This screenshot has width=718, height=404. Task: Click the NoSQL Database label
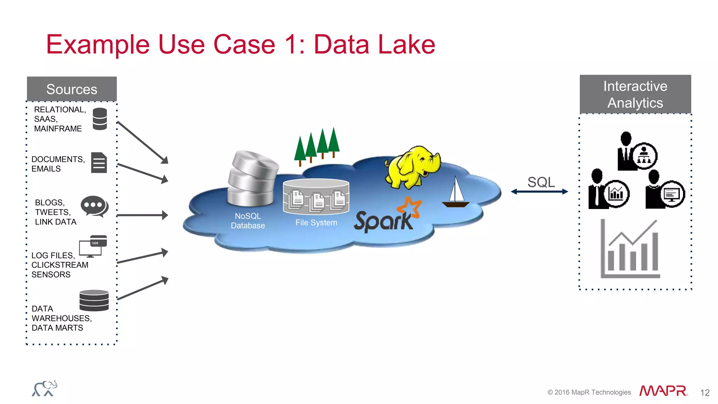pyautogui.click(x=248, y=221)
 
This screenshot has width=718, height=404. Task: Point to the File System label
pyautogui.click(x=316, y=223)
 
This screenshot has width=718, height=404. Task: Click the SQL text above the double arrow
pyautogui.click(x=541, y=182)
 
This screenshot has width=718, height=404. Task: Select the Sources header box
pyautogui.click(x=72, y=89)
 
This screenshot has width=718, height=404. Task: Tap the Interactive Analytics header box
pyautogui.click(x=635, y=94)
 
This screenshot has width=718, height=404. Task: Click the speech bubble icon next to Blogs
pyautogui.click(x=94, y=207)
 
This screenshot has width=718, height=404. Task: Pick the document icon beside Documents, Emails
pyautogui.click(x=99, y=163)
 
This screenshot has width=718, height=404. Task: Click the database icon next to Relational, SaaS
pyautogui.click(x=100, y=119)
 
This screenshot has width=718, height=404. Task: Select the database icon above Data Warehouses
pyautogui.click(x=94, y=301)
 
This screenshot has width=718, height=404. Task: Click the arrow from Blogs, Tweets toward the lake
pyautogui.click(x=142, y=215)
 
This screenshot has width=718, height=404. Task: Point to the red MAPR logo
pyautogui.click(x=663, y=391)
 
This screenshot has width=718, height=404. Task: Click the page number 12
pyautogui.click(x=705, y=392)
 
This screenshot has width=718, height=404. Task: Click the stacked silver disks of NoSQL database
pyautogui.click(x=253, y=179)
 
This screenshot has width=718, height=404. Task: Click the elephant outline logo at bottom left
pyautogui.click(x=45, y=389)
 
